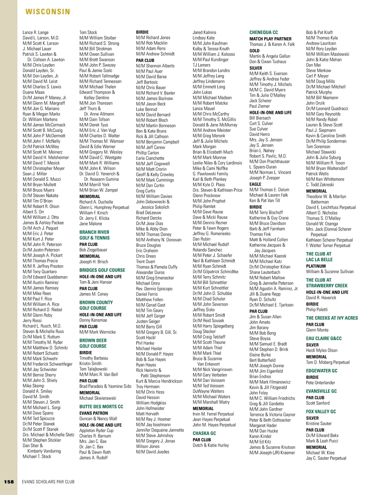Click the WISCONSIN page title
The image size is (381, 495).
[x=48, y=12]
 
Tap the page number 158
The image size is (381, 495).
[x=9, y=482]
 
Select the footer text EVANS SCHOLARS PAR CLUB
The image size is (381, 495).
[x=48, y=482]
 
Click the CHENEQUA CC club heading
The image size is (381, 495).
[x=264, y=32]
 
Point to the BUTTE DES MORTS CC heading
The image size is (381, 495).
[x=101, y=407]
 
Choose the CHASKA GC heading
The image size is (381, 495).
[x=204, y=433]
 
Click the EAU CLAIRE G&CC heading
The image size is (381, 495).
[x=324, y=339]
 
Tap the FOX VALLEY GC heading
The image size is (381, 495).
[x=321, y=412]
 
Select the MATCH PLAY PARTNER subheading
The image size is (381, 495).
[x=271, y=39]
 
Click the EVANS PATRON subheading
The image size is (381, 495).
[x=94, y=413]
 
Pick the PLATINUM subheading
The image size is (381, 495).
[x=316, y=266]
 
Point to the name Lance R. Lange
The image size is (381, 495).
[x=36, y=32]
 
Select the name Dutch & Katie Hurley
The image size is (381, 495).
[x=211, y=445]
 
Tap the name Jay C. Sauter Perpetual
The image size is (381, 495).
[x=326, y=458]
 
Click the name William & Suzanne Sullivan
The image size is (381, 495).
[x=330, y=272]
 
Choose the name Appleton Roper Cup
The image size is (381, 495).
[x=96, y=431]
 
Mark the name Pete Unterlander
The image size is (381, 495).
[x=321, y=383]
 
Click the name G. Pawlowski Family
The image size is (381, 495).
[x=211, y=174]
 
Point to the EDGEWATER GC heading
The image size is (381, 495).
[x=322, y=371]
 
